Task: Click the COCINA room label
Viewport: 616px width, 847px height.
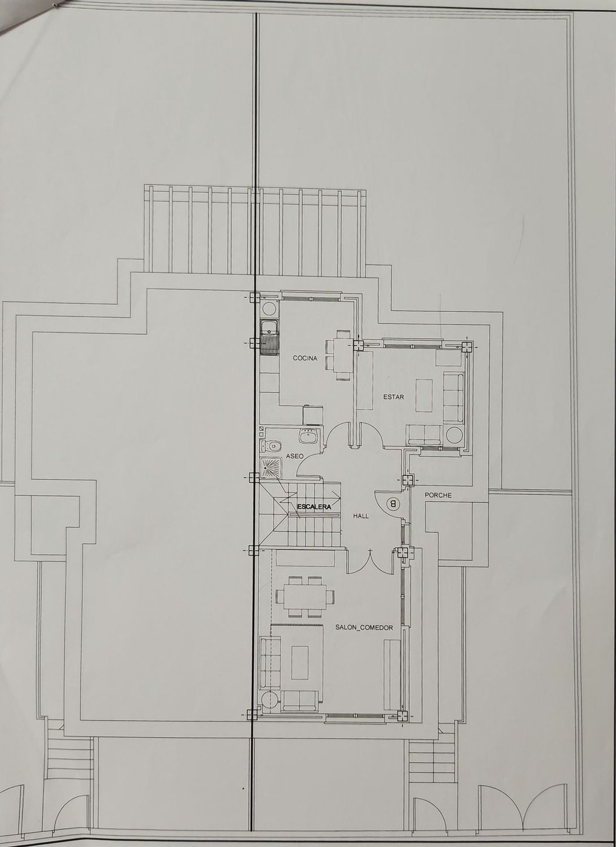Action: point(305,358)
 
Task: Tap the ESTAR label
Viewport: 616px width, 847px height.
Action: point(393,397)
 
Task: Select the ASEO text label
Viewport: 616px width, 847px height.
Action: point(294,456)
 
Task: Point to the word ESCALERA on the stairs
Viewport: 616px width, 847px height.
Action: point(314,507)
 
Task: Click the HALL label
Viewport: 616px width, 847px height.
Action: point(361,516)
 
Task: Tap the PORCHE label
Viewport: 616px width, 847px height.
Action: point(438,495)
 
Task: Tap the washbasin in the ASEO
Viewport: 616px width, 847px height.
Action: point(309,436)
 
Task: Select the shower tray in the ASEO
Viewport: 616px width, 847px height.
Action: point(271,469)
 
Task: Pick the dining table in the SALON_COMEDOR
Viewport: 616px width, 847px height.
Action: point(305,596)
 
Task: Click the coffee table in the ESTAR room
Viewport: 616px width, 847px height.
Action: point(424,395)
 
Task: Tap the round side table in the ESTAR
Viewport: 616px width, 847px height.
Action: point(455,435)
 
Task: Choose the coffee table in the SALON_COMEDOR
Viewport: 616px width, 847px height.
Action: point(300,663)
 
